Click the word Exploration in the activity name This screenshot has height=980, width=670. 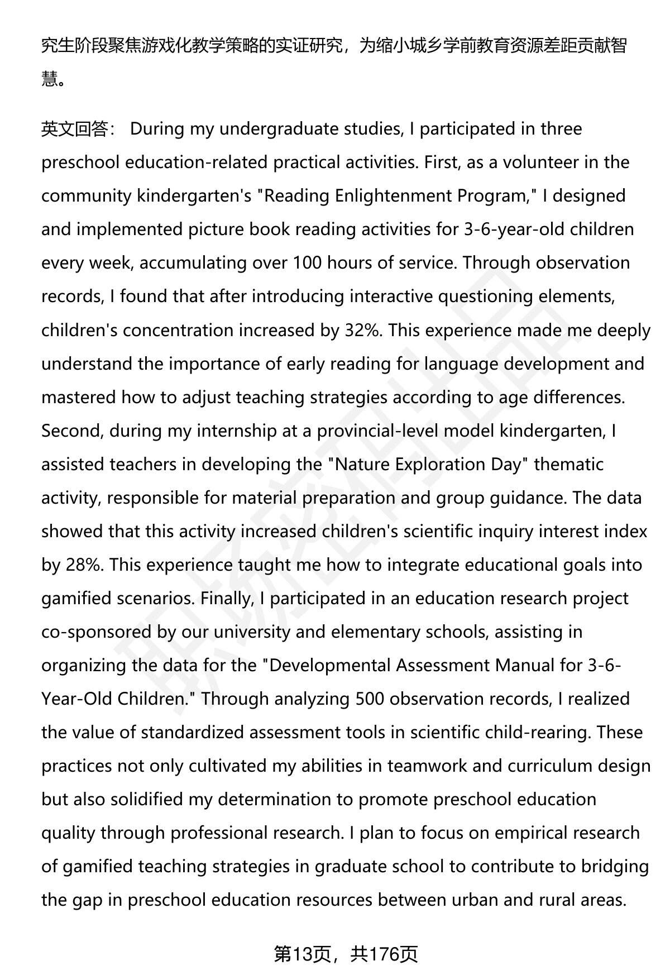click(x=448, y=464)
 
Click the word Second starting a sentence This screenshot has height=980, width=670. click(x=72, y=431)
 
